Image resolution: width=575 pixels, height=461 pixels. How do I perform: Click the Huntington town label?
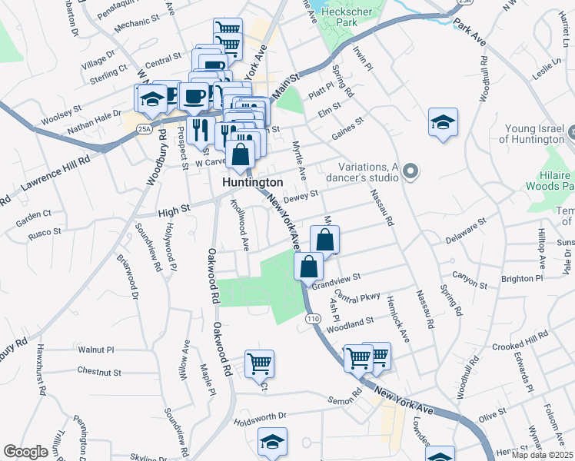252,183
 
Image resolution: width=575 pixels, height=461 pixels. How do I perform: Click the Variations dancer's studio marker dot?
410,171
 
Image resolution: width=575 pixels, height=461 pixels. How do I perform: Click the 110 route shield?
312,317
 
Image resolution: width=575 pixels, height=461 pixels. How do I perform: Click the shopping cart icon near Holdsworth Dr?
259,363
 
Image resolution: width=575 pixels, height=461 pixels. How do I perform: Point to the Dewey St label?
301,198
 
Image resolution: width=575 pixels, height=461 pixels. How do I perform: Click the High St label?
174,207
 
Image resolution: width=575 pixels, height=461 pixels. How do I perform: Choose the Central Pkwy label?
357,297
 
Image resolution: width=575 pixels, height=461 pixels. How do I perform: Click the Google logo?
25,452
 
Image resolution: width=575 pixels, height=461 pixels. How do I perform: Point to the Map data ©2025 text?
542,455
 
